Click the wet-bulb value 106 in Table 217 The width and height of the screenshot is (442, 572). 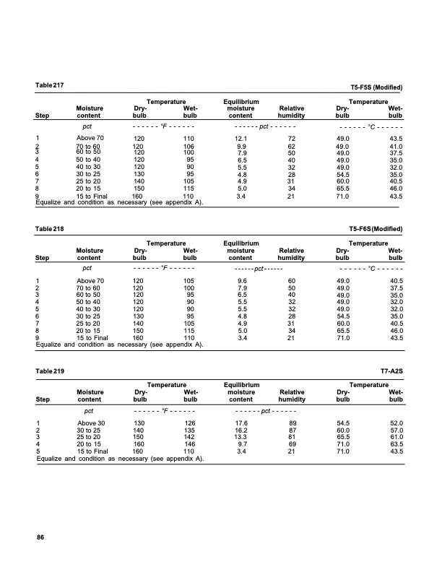coord(188,147)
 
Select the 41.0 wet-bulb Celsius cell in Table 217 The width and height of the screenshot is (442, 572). coord(394,147)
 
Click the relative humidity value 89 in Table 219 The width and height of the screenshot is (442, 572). coord(292,422)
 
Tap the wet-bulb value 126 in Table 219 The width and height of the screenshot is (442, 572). coord(188,422)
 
